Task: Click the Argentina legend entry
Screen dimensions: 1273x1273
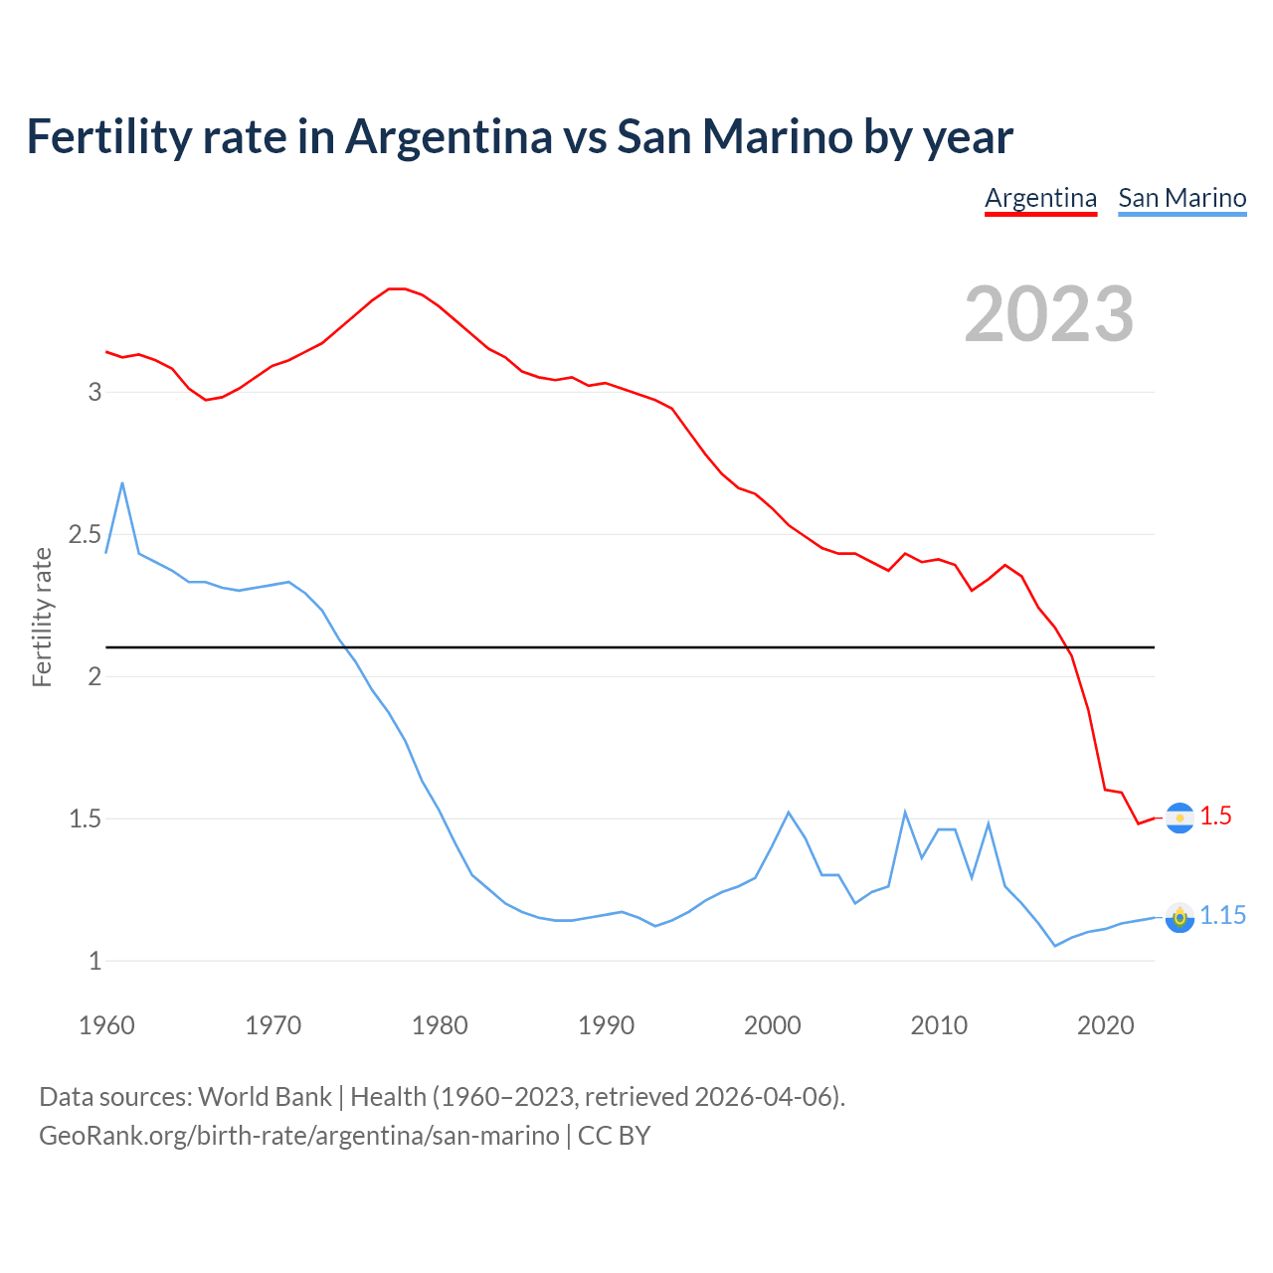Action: tap(1040, 198)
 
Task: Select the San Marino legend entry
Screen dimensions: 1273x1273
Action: tap(1182, 198)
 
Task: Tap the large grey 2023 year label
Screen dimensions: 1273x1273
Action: tap(1049, 314)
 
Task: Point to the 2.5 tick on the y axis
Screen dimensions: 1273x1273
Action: tap(85, 535)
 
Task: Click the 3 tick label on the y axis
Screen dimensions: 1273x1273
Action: tap(94, 392)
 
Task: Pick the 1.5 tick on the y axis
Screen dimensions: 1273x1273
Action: tap(85, 819)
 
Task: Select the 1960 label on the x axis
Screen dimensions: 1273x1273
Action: tap(106, 1025)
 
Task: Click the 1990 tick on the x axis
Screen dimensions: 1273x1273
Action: tap(606, 1025)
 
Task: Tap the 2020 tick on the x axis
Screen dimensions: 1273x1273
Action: tap(1105, 1025)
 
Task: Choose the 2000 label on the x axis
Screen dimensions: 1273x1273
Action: tap(772, 1025)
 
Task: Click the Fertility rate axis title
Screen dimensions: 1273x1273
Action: tap(42, 617)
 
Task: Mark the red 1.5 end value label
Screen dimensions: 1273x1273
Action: tap(1215, 817)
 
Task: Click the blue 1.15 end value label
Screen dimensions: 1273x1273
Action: tap(1222, 916)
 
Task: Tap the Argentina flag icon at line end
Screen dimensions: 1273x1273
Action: tap(1180, 818)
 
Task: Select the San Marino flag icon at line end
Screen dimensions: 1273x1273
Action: tap(1180, 917)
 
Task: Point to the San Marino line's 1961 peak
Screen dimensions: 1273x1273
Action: tap(122, 483)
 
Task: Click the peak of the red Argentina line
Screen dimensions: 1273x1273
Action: tap(397, 288)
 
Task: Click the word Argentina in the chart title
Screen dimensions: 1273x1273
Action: tap(449, 136)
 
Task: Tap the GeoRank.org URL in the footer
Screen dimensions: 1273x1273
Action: tap(298, 1136)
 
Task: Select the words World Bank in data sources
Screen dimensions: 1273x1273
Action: tap(265, 1097)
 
